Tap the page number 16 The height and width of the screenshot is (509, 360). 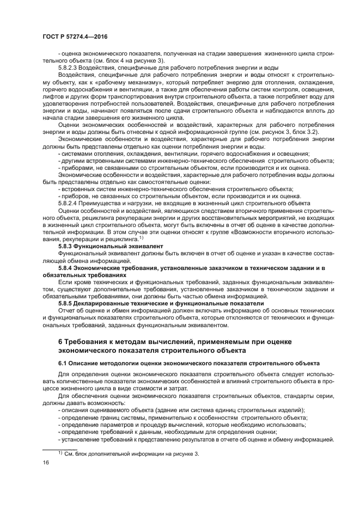click(46, 462)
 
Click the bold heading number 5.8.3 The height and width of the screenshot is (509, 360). click(67, 246)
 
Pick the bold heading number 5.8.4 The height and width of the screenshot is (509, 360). click(67, 267)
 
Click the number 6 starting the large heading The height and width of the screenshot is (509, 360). click(60, 341)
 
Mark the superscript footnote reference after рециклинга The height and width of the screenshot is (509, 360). click(141, 237)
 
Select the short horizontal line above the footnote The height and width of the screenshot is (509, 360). click(60, 447)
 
